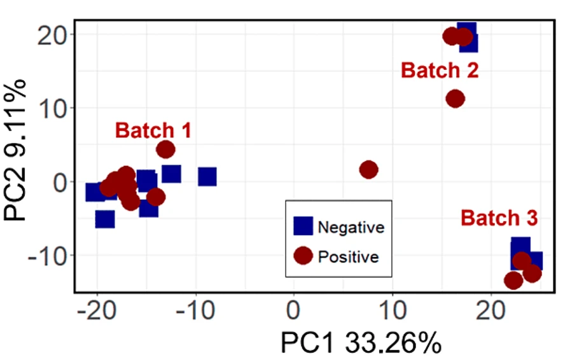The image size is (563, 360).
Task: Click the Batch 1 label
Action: point(153,130)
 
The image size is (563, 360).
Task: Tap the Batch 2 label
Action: point(440,70)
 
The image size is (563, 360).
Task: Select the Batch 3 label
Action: point(499,218)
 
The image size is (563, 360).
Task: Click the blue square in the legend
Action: point(303,226)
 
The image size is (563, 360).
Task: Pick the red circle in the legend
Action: point(303,256)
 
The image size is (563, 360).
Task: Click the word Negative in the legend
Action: point(351,227)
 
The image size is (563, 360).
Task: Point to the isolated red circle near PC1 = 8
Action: point(368,169)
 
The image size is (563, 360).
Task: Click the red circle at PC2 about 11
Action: point(455,99)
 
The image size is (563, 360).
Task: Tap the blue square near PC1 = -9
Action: point(207,177)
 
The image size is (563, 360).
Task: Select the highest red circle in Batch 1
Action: point(165,149)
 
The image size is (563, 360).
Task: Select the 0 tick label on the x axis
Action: point(293,312)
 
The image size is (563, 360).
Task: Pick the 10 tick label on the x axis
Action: point(392,312)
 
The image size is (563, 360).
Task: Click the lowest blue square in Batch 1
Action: point(105,219)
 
